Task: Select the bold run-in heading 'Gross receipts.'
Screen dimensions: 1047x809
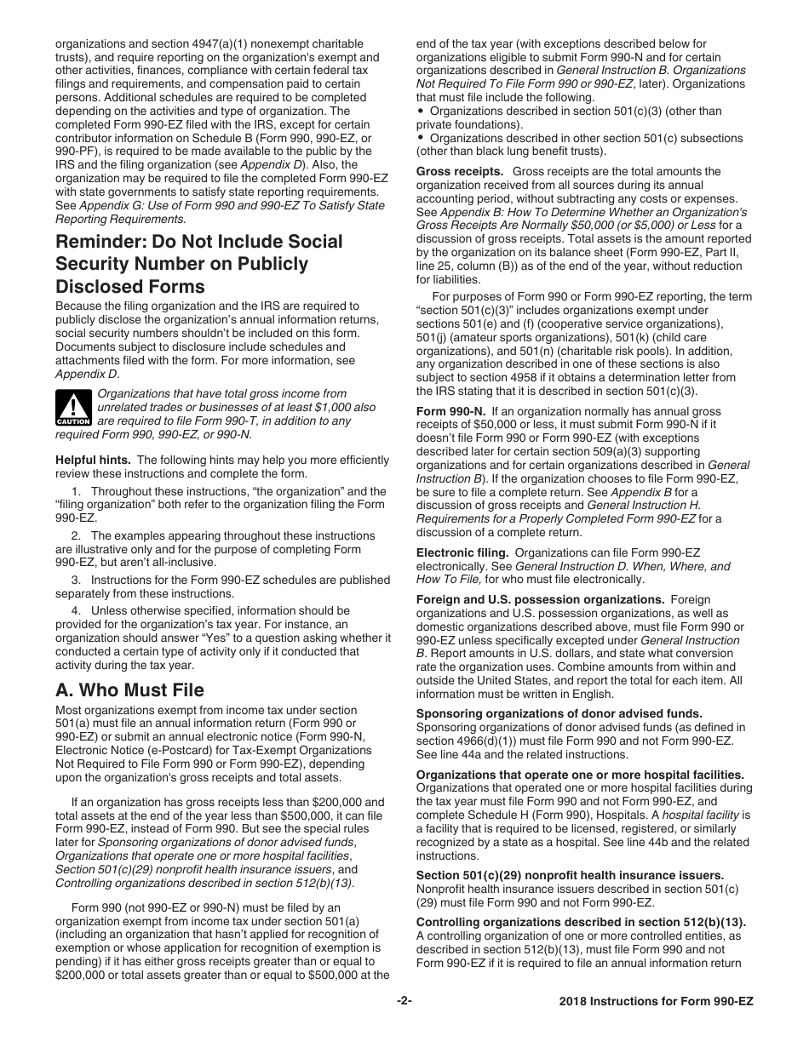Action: click(460, 171)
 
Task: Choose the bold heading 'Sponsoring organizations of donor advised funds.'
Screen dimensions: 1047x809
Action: click(559, 713)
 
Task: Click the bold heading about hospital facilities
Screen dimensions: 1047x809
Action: click(580, 775)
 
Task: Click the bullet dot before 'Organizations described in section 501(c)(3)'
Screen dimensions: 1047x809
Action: click(421, 112)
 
